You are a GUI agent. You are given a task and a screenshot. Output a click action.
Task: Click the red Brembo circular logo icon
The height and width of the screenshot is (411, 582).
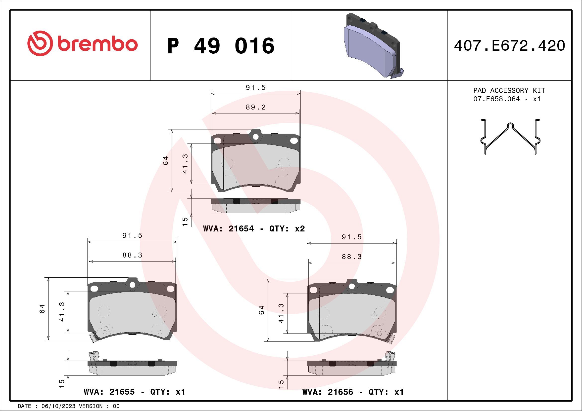[40, 43]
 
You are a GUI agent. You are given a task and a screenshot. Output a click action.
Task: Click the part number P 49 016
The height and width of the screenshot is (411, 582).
[221, 46]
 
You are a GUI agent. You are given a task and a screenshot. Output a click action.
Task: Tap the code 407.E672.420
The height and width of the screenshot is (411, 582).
[510, 46]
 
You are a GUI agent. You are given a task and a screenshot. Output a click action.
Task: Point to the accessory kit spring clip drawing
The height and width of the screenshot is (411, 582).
[511, 136]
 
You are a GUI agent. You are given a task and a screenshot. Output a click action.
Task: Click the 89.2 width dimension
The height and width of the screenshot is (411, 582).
[255, 107]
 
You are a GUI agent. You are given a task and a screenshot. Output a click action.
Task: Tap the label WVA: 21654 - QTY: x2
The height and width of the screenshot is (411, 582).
[254, 229]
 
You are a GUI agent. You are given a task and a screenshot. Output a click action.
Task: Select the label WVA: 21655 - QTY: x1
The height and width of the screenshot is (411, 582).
[135, 392]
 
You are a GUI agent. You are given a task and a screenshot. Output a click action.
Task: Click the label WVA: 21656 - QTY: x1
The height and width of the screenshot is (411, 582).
[353, 392]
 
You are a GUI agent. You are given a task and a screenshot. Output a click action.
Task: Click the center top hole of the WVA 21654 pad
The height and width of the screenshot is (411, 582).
[255, 137]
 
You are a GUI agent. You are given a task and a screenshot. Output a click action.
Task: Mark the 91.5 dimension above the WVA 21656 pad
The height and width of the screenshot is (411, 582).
[351, 237]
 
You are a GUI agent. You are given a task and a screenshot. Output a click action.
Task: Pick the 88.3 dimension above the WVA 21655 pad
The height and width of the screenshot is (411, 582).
[132, 255]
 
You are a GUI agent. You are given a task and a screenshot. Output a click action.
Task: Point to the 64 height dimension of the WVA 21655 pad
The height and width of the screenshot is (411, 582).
[42, 309]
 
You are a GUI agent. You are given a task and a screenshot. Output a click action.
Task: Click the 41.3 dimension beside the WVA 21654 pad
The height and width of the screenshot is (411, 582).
[185, 164]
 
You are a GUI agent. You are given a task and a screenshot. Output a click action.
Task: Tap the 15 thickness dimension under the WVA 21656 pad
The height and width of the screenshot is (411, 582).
[281, 384]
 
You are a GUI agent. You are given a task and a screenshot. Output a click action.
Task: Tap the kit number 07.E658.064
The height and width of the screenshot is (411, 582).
[496, 99]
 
